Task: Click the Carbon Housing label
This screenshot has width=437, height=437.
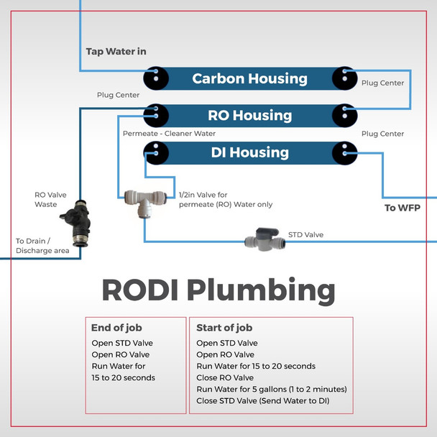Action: [249, 78]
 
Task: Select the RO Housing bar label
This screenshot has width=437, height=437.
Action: [249, 115]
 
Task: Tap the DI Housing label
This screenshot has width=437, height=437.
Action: [249, 152]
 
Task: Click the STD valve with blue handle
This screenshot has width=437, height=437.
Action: [264, 240]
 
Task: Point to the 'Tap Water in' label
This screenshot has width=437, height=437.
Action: [116, 52]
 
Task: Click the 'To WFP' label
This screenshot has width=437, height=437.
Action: [402, 208]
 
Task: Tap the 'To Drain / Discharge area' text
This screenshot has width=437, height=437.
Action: [42, 246]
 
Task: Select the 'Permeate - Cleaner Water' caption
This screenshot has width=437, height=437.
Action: [169, 134]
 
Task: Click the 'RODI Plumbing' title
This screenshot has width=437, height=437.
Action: [218, 290]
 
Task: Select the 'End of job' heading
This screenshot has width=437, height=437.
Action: [117, 328]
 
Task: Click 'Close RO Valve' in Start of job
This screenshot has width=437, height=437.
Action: [225, 377]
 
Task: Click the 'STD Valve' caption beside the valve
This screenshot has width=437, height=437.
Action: [305, 234]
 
